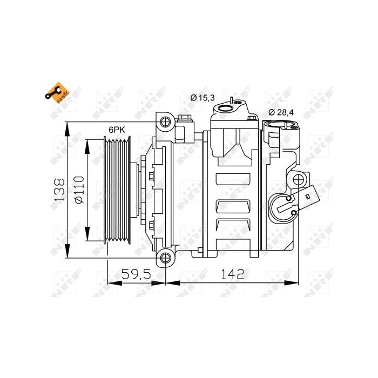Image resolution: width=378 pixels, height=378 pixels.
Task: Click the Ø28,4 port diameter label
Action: click(x=281, y=112)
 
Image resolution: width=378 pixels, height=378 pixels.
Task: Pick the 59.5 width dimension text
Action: click(x=136, y=274)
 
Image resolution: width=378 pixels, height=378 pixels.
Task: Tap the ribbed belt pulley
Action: click(x=117, y=190)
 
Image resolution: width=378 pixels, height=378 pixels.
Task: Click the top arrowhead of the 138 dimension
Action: click(x=67, y=126)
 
